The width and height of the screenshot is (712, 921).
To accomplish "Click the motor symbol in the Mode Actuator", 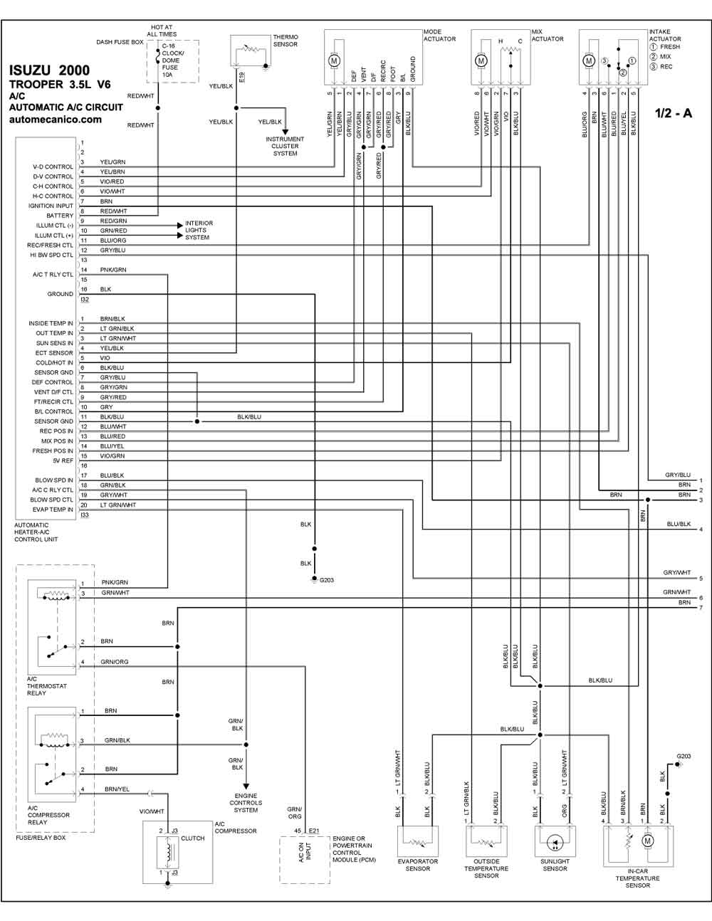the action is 334,61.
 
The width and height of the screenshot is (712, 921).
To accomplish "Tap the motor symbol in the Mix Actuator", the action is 481,61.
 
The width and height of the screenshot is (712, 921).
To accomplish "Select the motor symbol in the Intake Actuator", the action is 589,61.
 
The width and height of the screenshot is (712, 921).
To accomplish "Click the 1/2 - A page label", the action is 674,113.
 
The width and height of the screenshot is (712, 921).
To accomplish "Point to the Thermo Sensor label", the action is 286,41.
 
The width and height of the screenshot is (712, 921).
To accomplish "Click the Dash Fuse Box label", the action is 120,43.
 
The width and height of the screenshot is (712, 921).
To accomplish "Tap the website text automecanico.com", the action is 55,120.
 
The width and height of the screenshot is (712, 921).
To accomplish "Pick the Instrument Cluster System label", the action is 285,146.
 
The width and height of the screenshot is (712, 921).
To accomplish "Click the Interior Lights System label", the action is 199,230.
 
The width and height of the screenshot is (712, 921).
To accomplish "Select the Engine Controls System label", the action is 246,803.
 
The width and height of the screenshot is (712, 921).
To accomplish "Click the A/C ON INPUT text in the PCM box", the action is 304,853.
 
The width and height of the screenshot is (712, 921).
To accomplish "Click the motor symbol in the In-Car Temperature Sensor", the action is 647,841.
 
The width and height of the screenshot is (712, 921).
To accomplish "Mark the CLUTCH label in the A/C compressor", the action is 192,838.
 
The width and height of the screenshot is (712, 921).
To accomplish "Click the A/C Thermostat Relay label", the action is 46,686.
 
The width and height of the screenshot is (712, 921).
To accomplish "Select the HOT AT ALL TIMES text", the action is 162,31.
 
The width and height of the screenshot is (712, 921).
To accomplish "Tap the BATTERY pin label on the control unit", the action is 60,216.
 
